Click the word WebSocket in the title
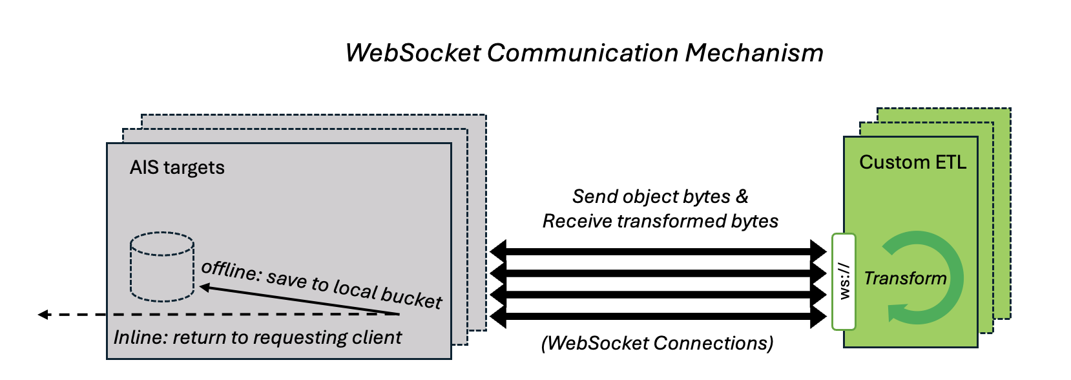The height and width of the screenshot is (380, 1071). point(413,53)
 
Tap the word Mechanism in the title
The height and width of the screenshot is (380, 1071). point(754,53)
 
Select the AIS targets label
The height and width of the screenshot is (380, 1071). point(177,167)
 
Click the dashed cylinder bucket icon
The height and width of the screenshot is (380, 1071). point(162,267)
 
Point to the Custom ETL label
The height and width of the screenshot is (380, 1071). point(912,162)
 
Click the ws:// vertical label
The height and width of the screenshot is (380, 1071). point(844,281)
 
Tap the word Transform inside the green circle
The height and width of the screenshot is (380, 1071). point(905,278)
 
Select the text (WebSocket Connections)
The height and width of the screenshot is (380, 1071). point(657,343)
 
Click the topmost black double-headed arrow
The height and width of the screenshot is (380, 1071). point(658,250)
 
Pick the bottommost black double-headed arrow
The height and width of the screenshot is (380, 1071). point(658,316)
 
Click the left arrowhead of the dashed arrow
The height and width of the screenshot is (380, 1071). point(43,315)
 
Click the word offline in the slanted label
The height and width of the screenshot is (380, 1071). point(230,269)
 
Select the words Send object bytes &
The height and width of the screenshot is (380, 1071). point(660,196)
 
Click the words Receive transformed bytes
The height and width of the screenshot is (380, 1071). point(660,221)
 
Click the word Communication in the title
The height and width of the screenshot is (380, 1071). point(583,53)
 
